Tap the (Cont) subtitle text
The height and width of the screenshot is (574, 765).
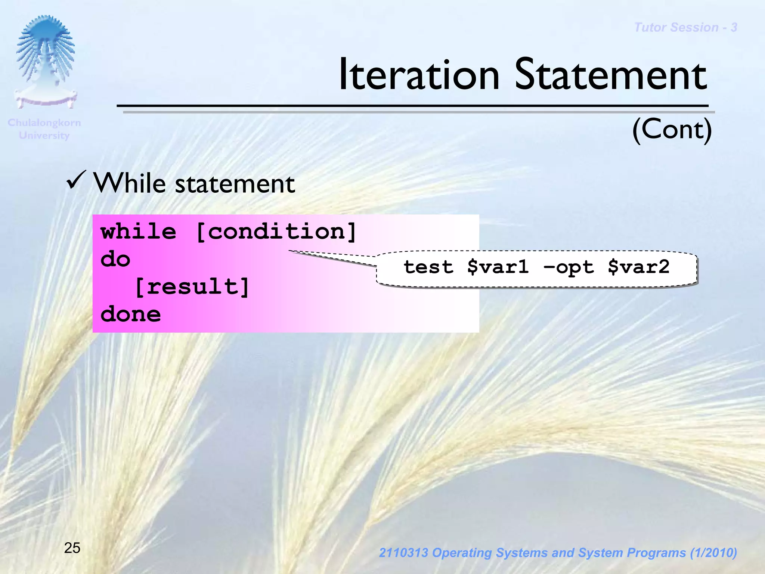(672, 129)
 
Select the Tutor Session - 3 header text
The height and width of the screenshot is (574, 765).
(685, 27)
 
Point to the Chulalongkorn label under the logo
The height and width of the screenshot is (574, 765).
(44, 122)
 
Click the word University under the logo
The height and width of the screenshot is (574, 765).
(44, 135)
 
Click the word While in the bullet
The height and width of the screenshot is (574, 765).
(129, 183)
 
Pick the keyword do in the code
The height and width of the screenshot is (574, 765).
(115, 259)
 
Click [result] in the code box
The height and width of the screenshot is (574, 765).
(192, 287)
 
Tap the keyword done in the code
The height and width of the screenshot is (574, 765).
(130, 314)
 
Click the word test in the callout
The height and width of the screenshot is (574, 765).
(428, 267)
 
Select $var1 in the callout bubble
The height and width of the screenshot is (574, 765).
(498, 267)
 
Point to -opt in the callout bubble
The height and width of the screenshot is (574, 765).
(569, 267)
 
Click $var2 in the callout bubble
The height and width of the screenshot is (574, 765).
(638, 267)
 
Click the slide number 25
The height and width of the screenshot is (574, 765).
(72, 548)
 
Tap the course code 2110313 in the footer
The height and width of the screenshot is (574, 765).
(403, 553)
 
